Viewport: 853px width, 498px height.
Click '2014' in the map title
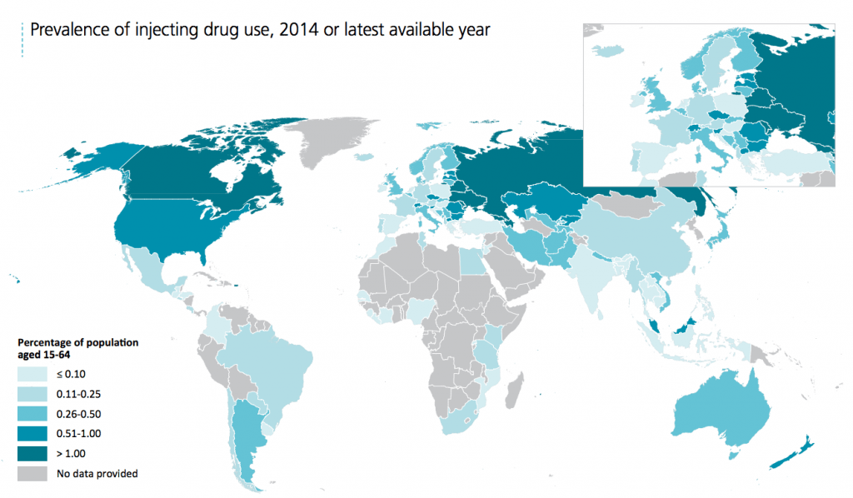298,30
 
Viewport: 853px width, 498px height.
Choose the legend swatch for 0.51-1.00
32,433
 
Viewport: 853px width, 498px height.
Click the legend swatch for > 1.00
32,453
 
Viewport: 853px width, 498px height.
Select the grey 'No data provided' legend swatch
32,474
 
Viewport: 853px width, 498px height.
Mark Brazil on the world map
275,358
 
